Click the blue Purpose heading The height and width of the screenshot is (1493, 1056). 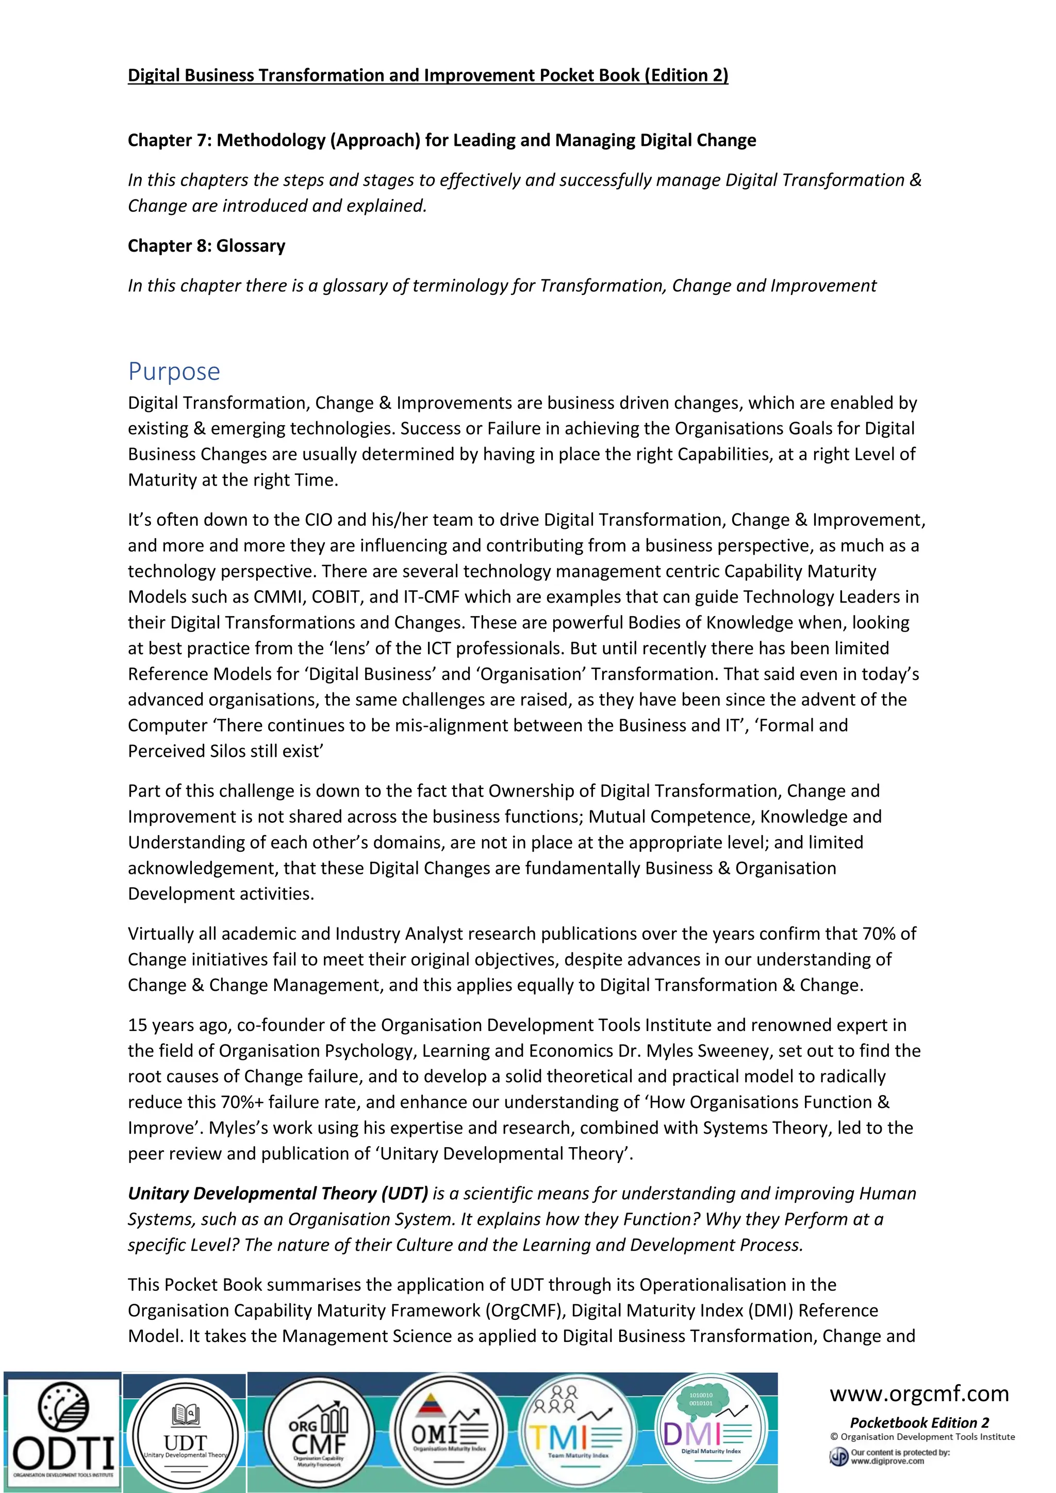[x=174, y=371]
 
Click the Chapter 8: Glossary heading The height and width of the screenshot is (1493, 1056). [x=206, y=246]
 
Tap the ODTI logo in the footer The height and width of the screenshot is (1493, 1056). [x=62, y=1431]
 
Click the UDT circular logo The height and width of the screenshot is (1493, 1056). [x=185, y=1434]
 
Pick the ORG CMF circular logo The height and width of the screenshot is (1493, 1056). [x=319, y=1433]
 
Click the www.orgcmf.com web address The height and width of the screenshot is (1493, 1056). [x=919, y=1394]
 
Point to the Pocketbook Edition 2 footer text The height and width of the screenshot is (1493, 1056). [x=919, y=1422]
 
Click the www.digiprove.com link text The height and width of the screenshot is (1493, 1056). [x=887, y=1461]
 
